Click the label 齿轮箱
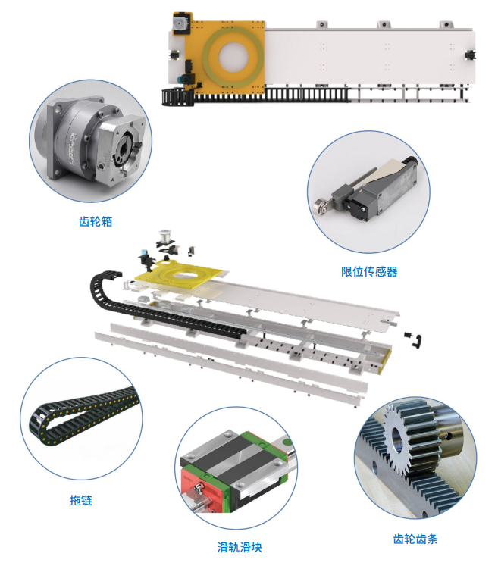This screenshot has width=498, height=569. [x=96, y=222]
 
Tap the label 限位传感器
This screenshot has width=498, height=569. [x=369, y=270]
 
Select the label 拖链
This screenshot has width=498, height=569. [x=80, y=501]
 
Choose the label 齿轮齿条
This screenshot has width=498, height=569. [x=415, y=539]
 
